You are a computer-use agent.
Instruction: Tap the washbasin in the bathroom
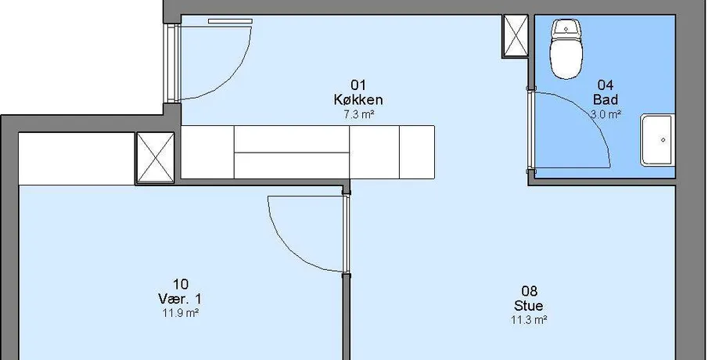click(657, 140)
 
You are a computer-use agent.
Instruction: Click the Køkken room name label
click(358, 100)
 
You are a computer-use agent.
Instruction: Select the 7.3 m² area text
click(359, 115)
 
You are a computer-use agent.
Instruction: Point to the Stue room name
click(528, 306)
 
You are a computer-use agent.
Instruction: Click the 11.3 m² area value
click(529, 320)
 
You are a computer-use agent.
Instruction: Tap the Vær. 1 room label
click(180, 299)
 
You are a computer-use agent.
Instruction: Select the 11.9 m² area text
click(181, 313)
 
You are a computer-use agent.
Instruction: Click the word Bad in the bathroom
click(606, 99)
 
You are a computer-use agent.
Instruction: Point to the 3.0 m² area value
click(606, 114)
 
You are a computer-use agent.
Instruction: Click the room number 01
click(358, 85)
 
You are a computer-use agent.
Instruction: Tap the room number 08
click(529, 291)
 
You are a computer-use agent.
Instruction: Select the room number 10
click(180, 284)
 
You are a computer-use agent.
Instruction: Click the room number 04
click(606, 85)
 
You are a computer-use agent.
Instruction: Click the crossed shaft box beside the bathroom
click(516, 36)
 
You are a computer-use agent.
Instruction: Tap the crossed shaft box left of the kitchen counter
click(155, 158)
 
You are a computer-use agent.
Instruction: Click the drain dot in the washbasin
click(663, 140)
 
